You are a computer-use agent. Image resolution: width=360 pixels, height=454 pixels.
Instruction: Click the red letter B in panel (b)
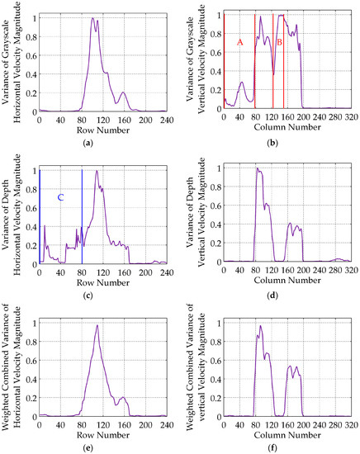click(279, 40)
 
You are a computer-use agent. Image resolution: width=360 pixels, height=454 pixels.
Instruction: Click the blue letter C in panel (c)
click(60, 198)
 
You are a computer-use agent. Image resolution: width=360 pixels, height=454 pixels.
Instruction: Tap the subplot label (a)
click(103, 143)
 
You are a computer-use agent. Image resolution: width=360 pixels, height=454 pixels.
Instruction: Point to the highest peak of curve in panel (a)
click(92, 18)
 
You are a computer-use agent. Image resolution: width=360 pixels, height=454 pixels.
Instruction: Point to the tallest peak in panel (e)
click(97, 325)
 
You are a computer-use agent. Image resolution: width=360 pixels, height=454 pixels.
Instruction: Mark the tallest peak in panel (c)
click(97, 171)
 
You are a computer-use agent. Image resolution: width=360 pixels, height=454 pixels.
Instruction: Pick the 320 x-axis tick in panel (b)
click(351, 118)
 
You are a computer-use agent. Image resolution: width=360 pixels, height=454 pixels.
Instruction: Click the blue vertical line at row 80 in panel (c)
click(82, 216)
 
